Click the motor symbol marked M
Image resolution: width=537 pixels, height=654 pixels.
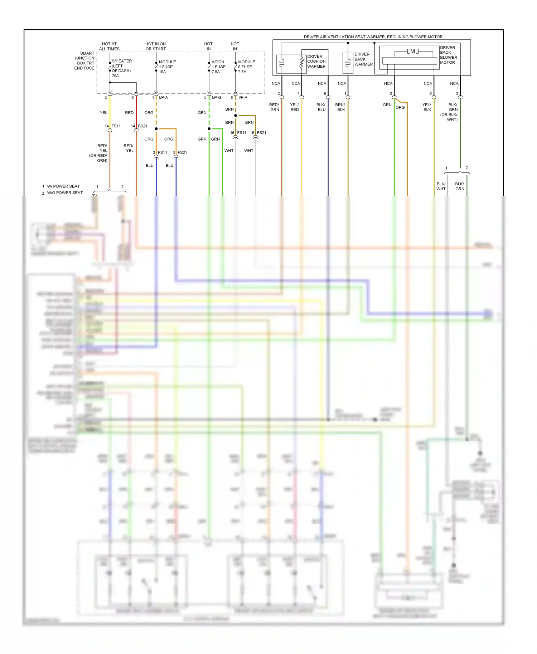click(412, 52)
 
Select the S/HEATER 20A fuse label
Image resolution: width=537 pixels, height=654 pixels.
click(121, 68)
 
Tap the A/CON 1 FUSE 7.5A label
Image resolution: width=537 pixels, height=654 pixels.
click(218, 67)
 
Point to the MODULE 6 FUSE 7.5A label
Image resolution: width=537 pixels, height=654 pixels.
click(246, 67)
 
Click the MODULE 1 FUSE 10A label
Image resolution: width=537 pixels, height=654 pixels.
click(167, 67)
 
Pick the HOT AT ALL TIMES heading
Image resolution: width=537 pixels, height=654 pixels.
click(109, 47)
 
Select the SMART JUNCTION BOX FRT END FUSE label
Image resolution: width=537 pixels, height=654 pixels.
click(84, 61)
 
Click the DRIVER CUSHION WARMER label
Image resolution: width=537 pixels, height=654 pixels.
click(316, 62)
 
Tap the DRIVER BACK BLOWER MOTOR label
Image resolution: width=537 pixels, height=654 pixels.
click(448, 55)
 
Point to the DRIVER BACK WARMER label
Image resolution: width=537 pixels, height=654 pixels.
click(363, 59)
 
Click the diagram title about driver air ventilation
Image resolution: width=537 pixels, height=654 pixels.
click(373, 37)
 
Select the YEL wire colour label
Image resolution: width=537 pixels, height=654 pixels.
click(103, 113)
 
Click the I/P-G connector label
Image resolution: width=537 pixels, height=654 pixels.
click(217, 97)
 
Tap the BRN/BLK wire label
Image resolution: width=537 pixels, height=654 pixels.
click(340, 107)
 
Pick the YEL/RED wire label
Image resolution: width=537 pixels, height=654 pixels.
click(294, 107)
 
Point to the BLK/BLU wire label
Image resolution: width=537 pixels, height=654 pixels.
click(321, 107)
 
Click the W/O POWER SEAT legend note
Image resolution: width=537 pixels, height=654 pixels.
click(65, 193)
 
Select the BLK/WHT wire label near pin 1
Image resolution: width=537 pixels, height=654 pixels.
click(441, 186)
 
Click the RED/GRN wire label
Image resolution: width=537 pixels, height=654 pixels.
click(274, 107)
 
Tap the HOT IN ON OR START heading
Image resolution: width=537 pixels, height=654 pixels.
click(155, 47)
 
